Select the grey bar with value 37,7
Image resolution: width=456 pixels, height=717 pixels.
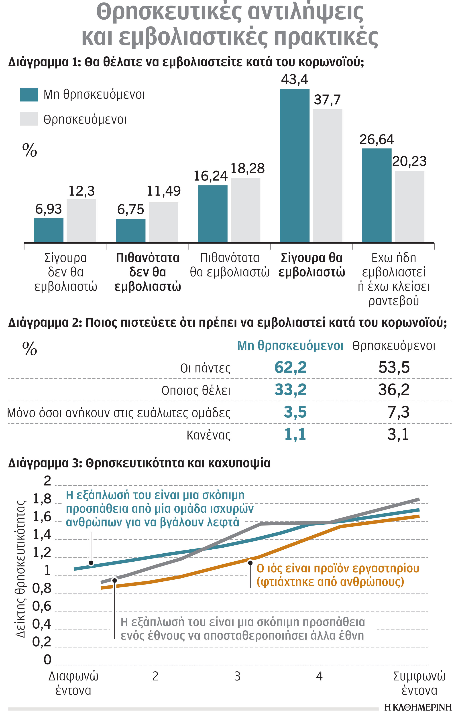[327, 176]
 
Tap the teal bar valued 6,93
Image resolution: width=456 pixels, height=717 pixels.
[49, 230]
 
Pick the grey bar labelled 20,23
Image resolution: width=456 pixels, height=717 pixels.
[409, 206]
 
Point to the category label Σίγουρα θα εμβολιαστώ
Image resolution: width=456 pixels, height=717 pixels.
[311, 265]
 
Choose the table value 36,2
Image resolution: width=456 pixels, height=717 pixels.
[393, 390]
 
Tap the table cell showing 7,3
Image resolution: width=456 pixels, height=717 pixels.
[398, 412]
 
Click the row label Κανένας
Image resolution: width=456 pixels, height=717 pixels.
[208, 435]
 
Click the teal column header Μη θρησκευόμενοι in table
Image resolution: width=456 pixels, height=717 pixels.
[290, 346]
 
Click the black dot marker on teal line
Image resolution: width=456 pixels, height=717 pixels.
[91, 563]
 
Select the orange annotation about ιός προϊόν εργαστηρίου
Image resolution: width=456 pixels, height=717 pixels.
[338, 575]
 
